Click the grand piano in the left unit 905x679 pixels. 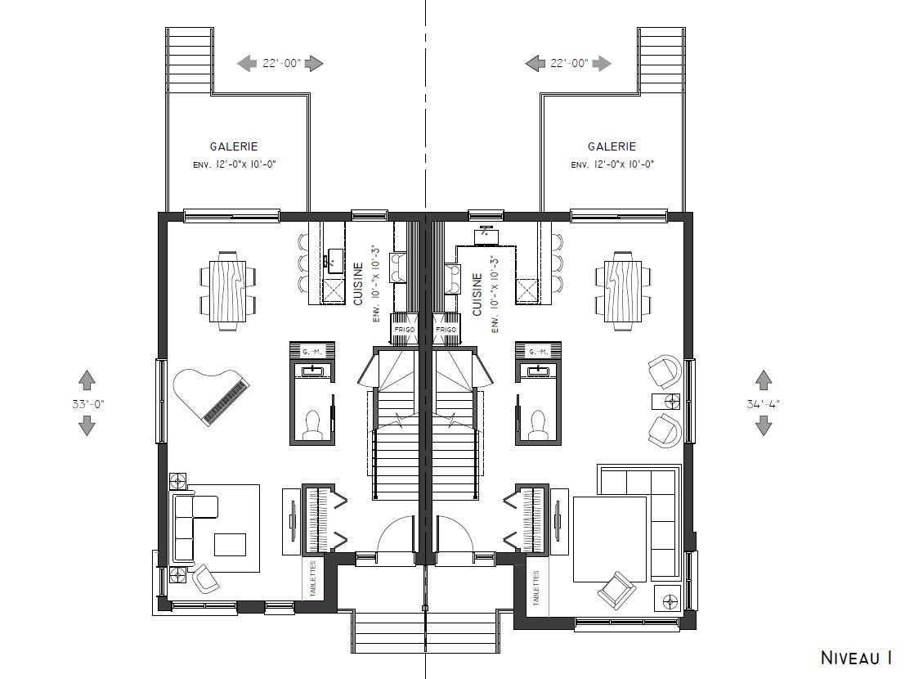point(211,398)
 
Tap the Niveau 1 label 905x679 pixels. point(857,657)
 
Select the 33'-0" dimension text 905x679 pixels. point(87,404)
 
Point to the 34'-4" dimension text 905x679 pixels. point(763,404)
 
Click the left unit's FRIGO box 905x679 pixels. point(404,329)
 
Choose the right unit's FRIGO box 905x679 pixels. point(446,329)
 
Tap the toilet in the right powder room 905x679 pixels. point(538,425)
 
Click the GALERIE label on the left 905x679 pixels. point(234,147)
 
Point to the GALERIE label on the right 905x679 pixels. point(612,147)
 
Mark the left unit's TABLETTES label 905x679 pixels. point(313,579)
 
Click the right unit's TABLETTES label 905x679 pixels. point(536,588)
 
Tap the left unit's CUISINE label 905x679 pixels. point(358,284)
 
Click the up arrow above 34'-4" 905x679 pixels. point(763,380)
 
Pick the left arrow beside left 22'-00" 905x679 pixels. point(247,63)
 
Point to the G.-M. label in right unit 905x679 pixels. point(538,352)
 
